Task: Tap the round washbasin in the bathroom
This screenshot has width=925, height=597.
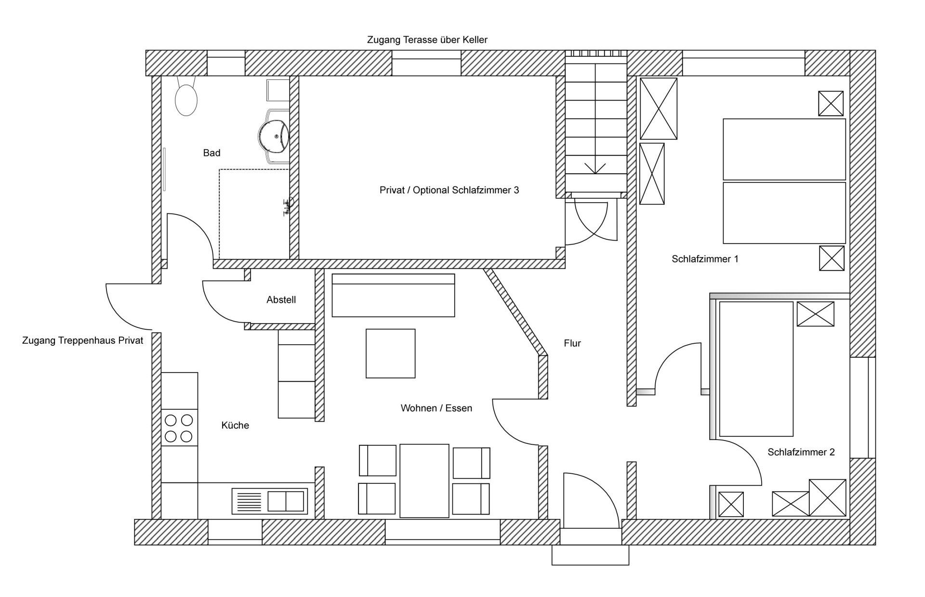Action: [x=273, y=135]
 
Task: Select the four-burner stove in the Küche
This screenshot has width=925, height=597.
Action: [x=179, y=428]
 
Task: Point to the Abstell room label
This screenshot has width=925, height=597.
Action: [x=281, y=300]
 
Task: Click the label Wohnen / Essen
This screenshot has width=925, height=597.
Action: [x=436, y=408]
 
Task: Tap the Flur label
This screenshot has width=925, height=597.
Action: [x=572, y=343]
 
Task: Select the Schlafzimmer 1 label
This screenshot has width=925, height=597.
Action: [x=705, y=259]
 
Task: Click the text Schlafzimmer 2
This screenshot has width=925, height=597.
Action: [x=801, y=452]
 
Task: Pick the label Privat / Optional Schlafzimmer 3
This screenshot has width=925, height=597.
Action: [x=449, y=190]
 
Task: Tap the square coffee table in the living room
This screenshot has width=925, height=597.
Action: [x=391, y=353]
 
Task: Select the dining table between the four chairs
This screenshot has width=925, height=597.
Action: [x=424, y=480]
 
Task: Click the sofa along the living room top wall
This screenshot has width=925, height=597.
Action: [x=393, y=295]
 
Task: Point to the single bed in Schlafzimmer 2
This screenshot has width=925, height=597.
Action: [x=756, y=369]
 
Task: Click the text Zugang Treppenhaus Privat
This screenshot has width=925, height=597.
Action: [x=83, y=341]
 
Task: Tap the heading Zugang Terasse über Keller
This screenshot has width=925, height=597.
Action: [x=427, y=40]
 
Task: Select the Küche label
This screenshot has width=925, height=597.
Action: [x=235, y=426]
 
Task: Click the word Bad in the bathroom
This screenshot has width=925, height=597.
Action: [x=212, y=153]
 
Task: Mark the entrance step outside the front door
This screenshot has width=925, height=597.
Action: [x=590, y=555]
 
